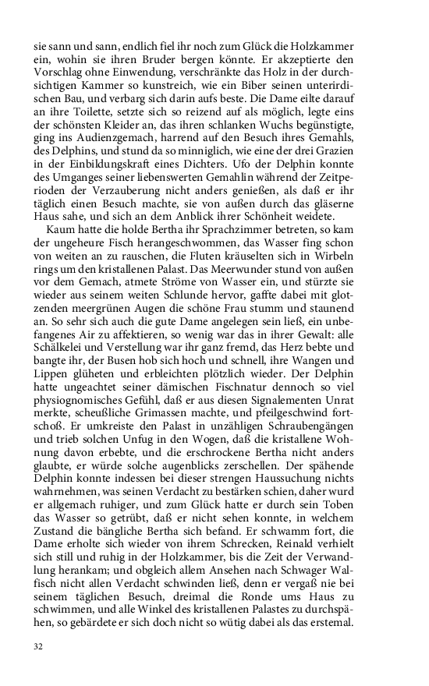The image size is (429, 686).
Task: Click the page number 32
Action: (x=38, y=647)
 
